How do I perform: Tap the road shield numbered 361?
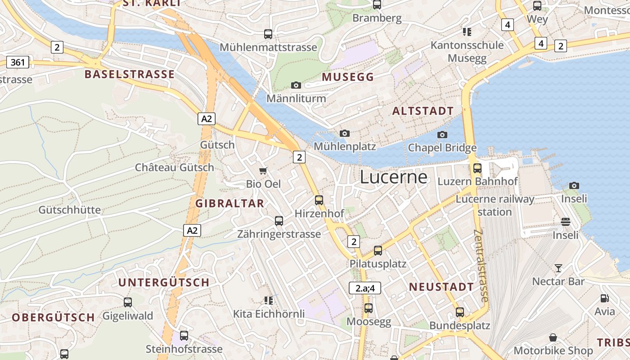coord(18,62)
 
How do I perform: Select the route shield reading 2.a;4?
coord(365,288)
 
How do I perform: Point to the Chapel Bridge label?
coord(442,148)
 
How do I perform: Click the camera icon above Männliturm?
coord(296,85)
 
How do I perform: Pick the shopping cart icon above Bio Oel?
coord(263,171)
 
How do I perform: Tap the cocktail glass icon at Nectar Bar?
coord(558,268)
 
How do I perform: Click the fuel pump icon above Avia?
coord(604,298)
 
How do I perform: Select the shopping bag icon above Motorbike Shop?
coord(553,337)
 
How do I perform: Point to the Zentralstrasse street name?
coord(481,265)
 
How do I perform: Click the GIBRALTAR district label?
coord(229,203)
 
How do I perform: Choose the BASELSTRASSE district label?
coord(130,74)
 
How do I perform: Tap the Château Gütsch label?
coord(175,167)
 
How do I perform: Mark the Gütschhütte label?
coord(70,210)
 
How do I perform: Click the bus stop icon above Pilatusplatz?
coord(378,251)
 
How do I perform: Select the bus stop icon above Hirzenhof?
coord(319,200)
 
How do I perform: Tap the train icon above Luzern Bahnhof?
coord(477,168)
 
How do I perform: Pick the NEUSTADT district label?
coord(441,287)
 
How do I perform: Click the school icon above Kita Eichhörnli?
coord(269,300)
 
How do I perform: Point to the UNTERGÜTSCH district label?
coord(164,283)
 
